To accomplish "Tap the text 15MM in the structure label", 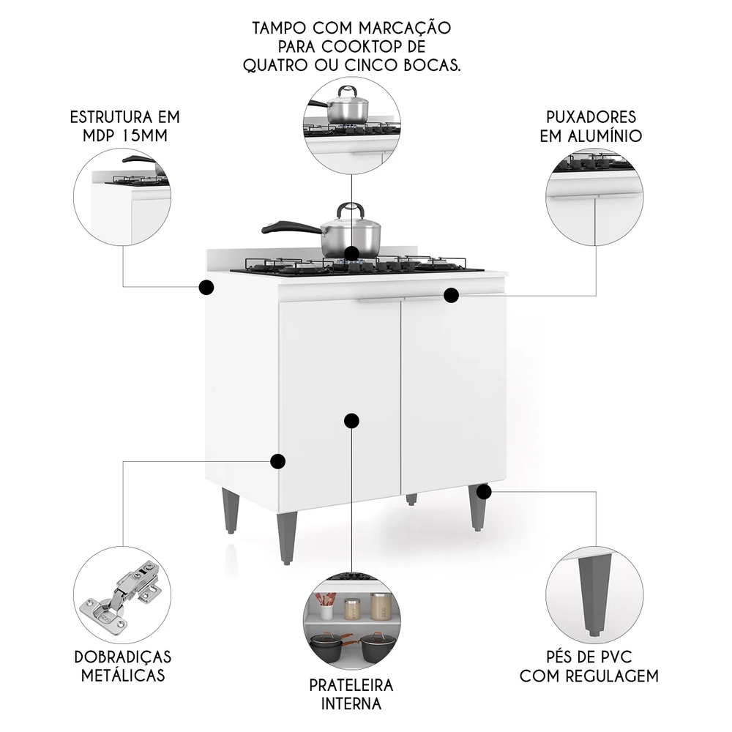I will (x=142, y=136).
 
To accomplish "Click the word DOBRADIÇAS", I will (x=123, y=656).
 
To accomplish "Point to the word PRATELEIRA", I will (x=351, y=685).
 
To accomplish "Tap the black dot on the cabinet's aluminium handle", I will (x=451, y=295).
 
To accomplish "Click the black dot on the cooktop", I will (x=352, y=253).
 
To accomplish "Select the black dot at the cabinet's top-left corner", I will (x=206, y=287).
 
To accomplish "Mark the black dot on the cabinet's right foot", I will (x=482, y=491).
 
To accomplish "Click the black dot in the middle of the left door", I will (x=351, y=420).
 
